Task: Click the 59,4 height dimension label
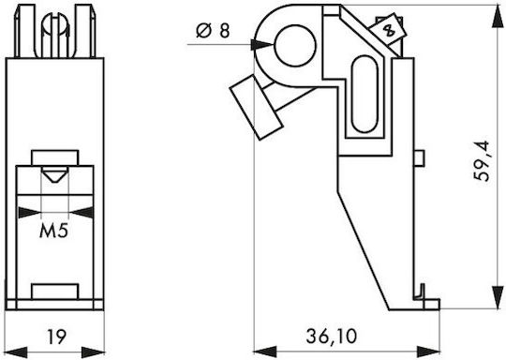click(482, 161)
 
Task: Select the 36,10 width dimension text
click(331, 337)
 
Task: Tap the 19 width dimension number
click(57, 337)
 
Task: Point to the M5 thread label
click(54, 231)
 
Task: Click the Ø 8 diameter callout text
click(213, 31)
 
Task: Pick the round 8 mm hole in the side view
click(295, 46)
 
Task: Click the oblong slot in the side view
click(365, 94)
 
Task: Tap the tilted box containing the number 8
click(388, 30)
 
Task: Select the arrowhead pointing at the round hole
click(262, 45)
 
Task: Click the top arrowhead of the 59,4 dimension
click(498, 17)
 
